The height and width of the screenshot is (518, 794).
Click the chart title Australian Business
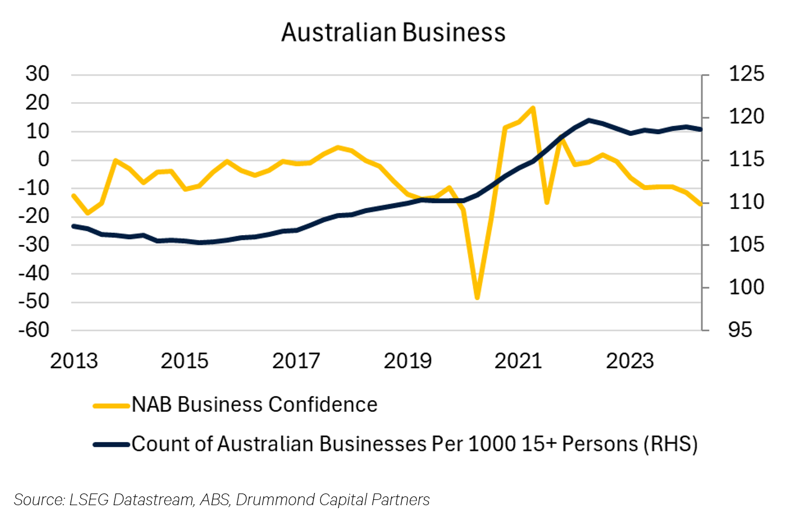[394, 33]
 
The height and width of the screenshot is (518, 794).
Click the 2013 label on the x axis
[73, 360]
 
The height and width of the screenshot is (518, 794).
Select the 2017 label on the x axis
[296, 360]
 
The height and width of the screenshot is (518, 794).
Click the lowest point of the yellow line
[477, 298]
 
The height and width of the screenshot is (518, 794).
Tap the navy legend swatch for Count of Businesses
[111, 444]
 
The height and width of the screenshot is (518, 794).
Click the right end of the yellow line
[700, 204]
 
